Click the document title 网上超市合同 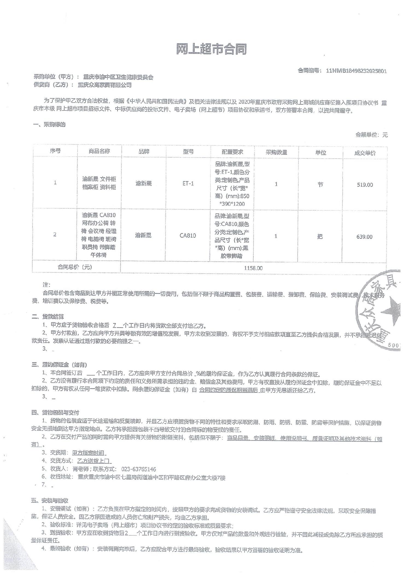211,50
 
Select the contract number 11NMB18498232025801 356,71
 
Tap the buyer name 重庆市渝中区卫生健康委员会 118,77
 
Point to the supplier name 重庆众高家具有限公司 104,85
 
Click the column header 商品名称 99,151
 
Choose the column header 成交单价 365,153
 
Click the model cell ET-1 188,184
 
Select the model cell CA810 188,235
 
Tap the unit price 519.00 365,185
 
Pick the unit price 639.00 364,237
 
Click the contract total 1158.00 253,268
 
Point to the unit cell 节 320,185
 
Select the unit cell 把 320,236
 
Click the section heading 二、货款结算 48,317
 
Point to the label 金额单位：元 371,135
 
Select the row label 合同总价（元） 75,267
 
